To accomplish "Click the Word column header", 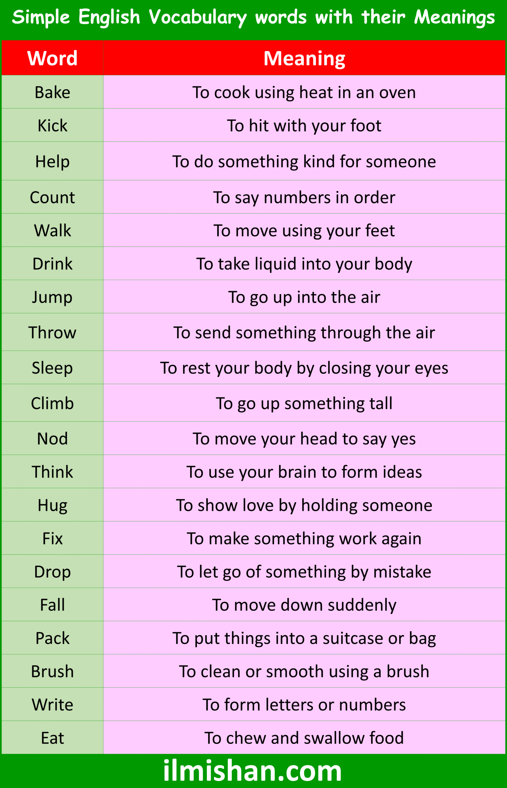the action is pyautogui.click(x=52, y=58).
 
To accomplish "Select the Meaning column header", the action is pyautogui.click(x=304, y=58).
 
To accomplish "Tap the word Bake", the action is pyautogui.click(x=52, y=92).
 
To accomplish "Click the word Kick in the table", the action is pyautogui.click(x=52, y=126).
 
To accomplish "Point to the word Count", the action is pyautogui.click(x=52, y=197).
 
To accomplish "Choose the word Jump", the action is pyautogui.click(x=52, y=297).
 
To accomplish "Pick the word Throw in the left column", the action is pyautogui.click(x=52, y=332).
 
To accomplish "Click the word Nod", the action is pyautogui.click(x=52, y=439).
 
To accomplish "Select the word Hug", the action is pyautogui.click(x=52, y=505).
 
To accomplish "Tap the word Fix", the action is pyautogui.click(x=52, y=539).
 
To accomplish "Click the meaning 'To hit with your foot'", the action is pyautogui.click(x=304, y=126).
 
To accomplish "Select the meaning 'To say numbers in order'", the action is pyautogui.click(x=304, y=198).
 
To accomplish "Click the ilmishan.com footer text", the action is pyautogui.click(x=253, y=770).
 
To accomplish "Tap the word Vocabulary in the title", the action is pyautogui.click(x=197, y=17).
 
